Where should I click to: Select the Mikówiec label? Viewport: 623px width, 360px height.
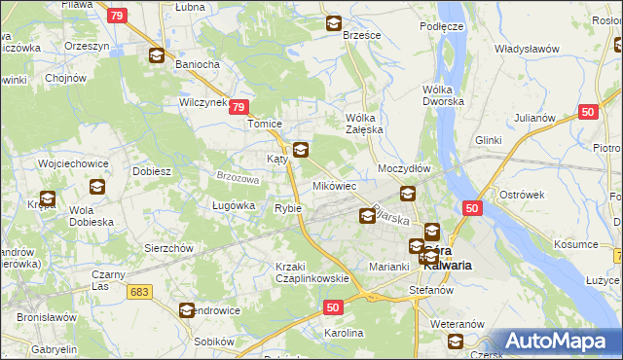(334, 185)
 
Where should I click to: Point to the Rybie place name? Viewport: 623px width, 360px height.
(288, 208)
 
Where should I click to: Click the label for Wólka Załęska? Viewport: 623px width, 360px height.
(366, 124)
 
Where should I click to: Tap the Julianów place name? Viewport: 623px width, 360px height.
(534, 119)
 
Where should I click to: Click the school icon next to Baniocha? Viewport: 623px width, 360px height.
(157, 55)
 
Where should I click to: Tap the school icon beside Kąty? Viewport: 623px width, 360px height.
(301, 150)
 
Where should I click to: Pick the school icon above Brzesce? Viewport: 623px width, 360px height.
(334, 23)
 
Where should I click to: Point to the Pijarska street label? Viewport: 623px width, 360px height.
(390, 215)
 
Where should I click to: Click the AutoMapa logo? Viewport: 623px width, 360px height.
(558, 341)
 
